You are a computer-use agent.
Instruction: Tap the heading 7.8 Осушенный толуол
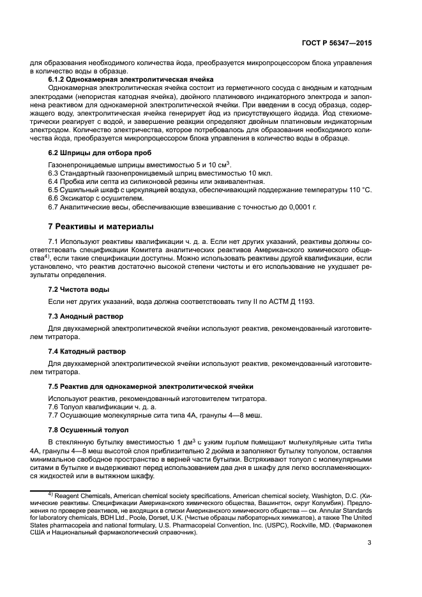click(89, 430)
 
